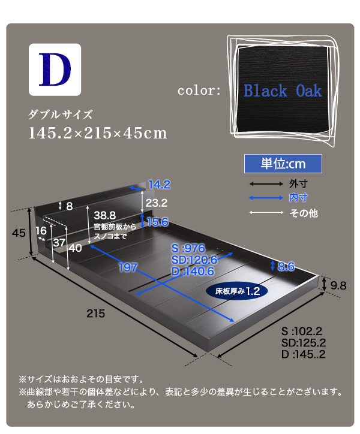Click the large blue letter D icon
(x=55, y=70)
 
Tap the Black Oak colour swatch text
(x=283, y=91)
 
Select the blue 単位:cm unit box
(x=283, y=164)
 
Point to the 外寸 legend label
(x=298, y=183)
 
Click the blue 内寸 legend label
(x=298, y=198)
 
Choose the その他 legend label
(x=304, y=213)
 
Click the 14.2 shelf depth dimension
(x=160, y=185)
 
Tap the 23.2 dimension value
(x=157, y=203)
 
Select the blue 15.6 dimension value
(x=158, y=222)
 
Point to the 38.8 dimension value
(x=105, y=215)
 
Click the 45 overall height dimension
(x=19, y=233)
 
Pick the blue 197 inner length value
(x=128, y=267)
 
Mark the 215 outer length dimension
(x=96, y=314)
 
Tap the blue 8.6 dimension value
(x=286, y=266)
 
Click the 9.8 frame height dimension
(x=338, y=285)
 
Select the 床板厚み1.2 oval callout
(x=237, y=291)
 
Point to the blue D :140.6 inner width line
(x=193, y=272)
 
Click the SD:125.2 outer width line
(x=304, y=343)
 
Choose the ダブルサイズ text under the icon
(x=60, y=114)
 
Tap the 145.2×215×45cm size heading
(x=98, y=133)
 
